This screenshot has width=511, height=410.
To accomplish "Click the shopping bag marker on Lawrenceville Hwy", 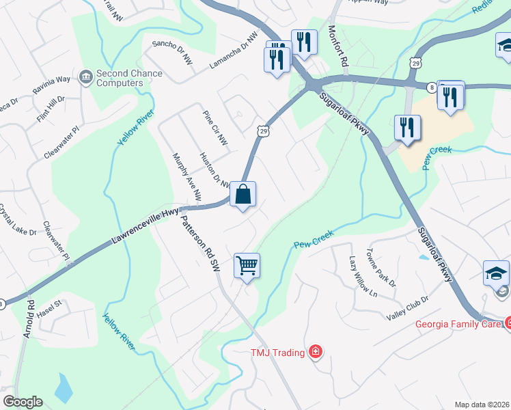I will pos(243,195).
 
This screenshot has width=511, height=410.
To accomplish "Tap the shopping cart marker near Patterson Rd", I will pos(247,265).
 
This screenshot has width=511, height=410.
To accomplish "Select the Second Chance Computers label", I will pos(120,78).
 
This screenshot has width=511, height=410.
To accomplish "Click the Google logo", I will pos(23,402).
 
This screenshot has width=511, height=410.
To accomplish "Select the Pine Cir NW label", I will pos(215,128).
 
